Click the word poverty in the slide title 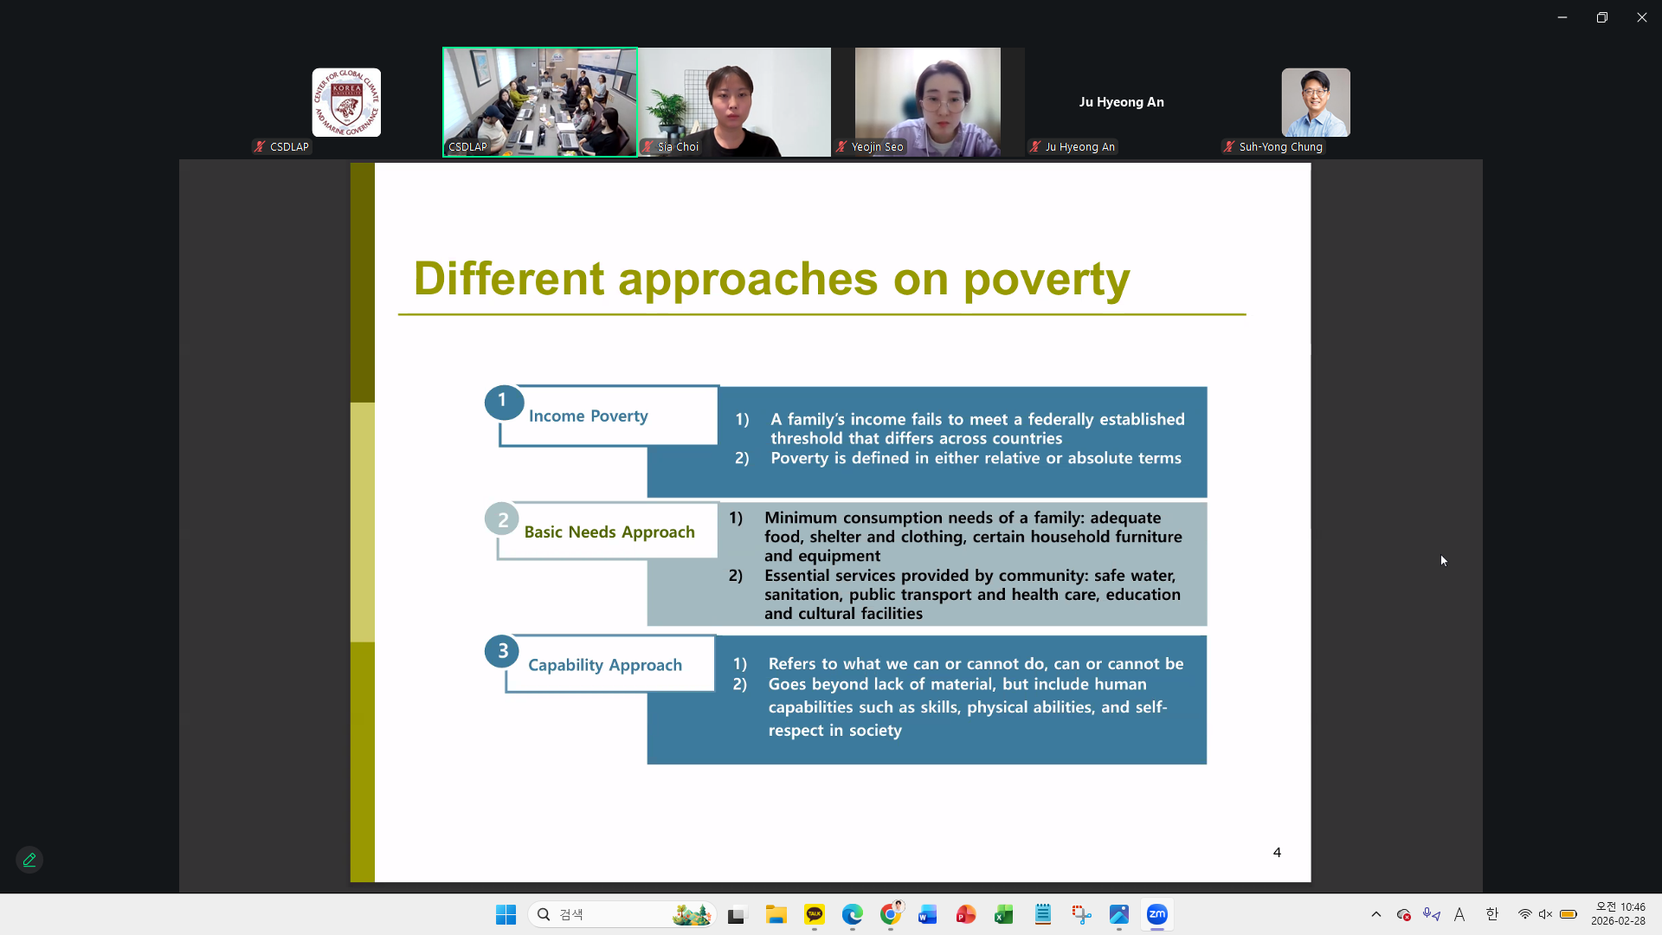1047,280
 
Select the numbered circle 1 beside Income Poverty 503,402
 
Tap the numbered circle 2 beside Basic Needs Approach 502,519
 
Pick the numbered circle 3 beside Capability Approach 502,651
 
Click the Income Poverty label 589,416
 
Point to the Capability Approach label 605,665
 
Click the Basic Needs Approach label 609,532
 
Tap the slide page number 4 1277,852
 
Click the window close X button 1641,17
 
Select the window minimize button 1562,17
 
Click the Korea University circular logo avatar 346,102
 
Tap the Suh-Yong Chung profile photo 1316,102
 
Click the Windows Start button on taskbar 506,914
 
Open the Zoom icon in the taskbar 1157,914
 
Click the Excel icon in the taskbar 1004,914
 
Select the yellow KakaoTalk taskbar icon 815,914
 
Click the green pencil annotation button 29,860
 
